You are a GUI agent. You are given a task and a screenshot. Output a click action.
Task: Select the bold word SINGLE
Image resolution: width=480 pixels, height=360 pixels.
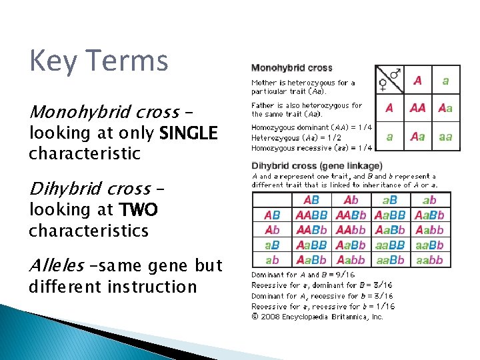point(189,133)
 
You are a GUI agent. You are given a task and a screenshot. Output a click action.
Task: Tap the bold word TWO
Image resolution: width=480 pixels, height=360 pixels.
point(138,211)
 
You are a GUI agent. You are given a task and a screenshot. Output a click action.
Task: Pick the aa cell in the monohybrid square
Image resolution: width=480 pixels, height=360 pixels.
point(445,136)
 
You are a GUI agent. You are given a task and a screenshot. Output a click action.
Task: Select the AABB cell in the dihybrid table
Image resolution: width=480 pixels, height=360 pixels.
point(311,215)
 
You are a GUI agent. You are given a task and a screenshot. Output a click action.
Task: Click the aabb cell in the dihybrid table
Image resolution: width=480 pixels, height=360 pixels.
point(429,260)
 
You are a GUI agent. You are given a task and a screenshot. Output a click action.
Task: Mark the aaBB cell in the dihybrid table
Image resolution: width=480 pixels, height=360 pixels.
point(390,245)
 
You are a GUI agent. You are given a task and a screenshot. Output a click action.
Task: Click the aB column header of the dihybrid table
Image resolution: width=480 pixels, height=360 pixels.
point(390,199)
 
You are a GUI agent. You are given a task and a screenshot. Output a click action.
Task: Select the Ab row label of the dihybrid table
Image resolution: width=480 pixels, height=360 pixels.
point(272,230)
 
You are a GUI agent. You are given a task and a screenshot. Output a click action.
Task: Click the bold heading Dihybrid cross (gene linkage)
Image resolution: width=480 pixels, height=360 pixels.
point(317,165)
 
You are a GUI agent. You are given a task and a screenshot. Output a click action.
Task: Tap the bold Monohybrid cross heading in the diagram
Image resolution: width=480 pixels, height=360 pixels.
point(291,68)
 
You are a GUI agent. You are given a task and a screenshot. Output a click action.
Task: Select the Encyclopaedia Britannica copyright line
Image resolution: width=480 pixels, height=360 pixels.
point(317,317)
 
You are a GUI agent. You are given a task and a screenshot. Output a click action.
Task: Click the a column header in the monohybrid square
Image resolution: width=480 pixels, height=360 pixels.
point(445,81)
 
